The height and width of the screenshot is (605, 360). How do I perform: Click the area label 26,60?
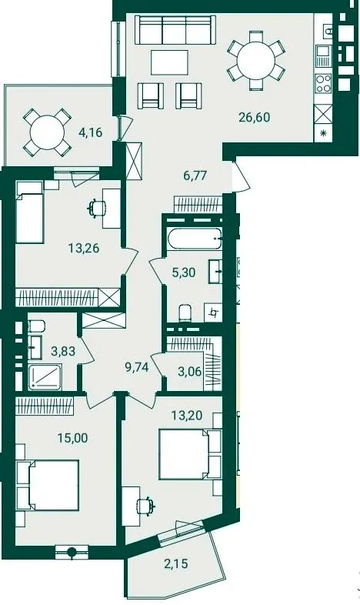pyautogui.click(x=254, y=117)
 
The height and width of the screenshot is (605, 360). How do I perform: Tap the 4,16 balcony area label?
pyautogui.click(x=90, y=132)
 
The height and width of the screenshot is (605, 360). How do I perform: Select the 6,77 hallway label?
pyautogui.click(x=195, y=175)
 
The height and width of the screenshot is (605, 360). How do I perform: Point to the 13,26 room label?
pyautogui.click(x=84, y=248)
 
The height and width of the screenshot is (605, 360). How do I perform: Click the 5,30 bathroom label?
pyautogui.click(x=184, y=272)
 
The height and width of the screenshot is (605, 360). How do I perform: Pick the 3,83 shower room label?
pyautogui.click(x=63, y=351)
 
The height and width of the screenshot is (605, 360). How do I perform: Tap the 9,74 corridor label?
pyautogui.click(x=136, y=367)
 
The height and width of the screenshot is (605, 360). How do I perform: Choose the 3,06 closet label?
pyautogui.click(x=189, y=372)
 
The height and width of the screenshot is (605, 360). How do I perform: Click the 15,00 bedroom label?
pyautogui.click(x=72, y=438)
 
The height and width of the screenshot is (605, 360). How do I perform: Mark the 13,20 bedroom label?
pyautogui.click(x=187, y=416)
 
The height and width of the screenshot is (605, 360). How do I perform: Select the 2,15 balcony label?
pyautogui.click(x=175, y=563)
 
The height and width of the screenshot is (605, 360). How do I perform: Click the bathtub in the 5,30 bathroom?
pyautogui.click(x=195, y=239)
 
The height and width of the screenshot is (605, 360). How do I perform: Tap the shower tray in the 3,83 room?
pyautogui.click(x=47, y=377)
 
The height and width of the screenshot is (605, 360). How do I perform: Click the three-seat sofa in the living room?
pyautogui.click(x=175, y=30)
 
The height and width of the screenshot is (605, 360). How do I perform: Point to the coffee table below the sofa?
pyautogui.click(x=169, y=62)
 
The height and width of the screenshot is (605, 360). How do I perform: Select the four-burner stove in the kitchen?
pyautogui.click(x=323, y=84)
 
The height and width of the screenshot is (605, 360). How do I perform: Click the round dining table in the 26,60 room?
pyautogui.click(x=256, y=61)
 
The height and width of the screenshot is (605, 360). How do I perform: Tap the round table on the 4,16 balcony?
pyautogui.click(x=47, y=132)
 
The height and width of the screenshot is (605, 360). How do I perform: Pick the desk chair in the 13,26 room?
pyautogui.click(x=96, y=208)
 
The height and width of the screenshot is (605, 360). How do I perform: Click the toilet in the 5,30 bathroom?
pyautogui.click(x=185, y=313)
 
